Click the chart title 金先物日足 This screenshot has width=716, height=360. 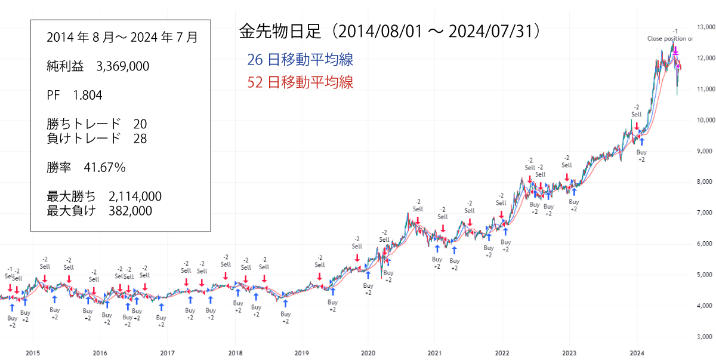(282, 31)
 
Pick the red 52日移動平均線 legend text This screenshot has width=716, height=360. (300, 82)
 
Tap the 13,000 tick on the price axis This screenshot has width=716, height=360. (703, 27)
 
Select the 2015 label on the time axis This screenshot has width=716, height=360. (33, 352)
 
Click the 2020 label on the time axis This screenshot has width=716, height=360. (368, 352)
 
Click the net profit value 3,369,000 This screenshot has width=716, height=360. (122, 66)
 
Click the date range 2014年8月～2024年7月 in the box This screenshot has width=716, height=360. (122, 37)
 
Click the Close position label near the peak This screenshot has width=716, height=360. (669, 39)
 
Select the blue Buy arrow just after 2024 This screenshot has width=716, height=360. (642, 141)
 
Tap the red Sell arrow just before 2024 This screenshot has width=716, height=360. (637, 127)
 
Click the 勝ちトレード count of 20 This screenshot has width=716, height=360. (140, 124)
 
